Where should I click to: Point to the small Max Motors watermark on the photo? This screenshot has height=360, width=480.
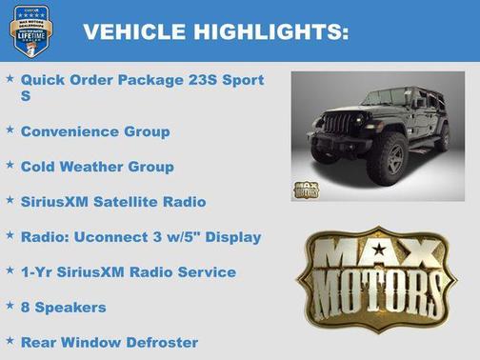click(308, 188)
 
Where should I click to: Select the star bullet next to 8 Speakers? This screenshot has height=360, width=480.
click(10, 306)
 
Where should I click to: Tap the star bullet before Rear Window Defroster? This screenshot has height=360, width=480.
click(10, 340)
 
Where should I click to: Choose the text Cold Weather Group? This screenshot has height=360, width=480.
click(97, 167)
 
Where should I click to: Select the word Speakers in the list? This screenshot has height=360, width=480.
click(70, 309)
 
